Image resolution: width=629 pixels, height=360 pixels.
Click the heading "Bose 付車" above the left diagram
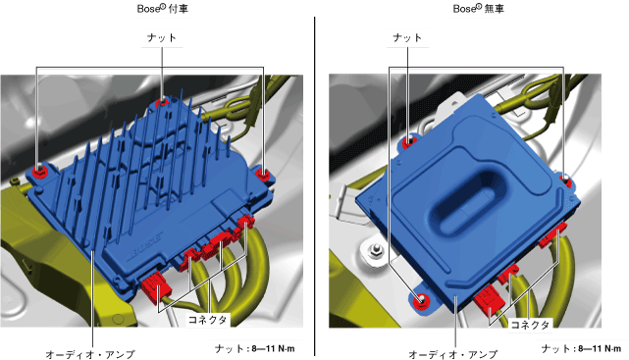(163, 9)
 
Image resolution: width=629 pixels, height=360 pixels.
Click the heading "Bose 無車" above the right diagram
(479, 9)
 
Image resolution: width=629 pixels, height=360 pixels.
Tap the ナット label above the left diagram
(162, 37)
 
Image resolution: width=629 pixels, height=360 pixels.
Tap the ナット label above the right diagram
(407, 37)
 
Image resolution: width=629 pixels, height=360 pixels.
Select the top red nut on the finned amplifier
(163, 101)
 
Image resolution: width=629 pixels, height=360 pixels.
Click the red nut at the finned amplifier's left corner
(38, 171)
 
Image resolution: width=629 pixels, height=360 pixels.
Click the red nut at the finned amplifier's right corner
(262, 174)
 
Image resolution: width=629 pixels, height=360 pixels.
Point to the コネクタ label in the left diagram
(208, 320)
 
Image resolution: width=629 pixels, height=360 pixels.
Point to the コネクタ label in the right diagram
(530, 325)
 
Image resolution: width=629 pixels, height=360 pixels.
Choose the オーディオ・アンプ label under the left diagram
(90, 354)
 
